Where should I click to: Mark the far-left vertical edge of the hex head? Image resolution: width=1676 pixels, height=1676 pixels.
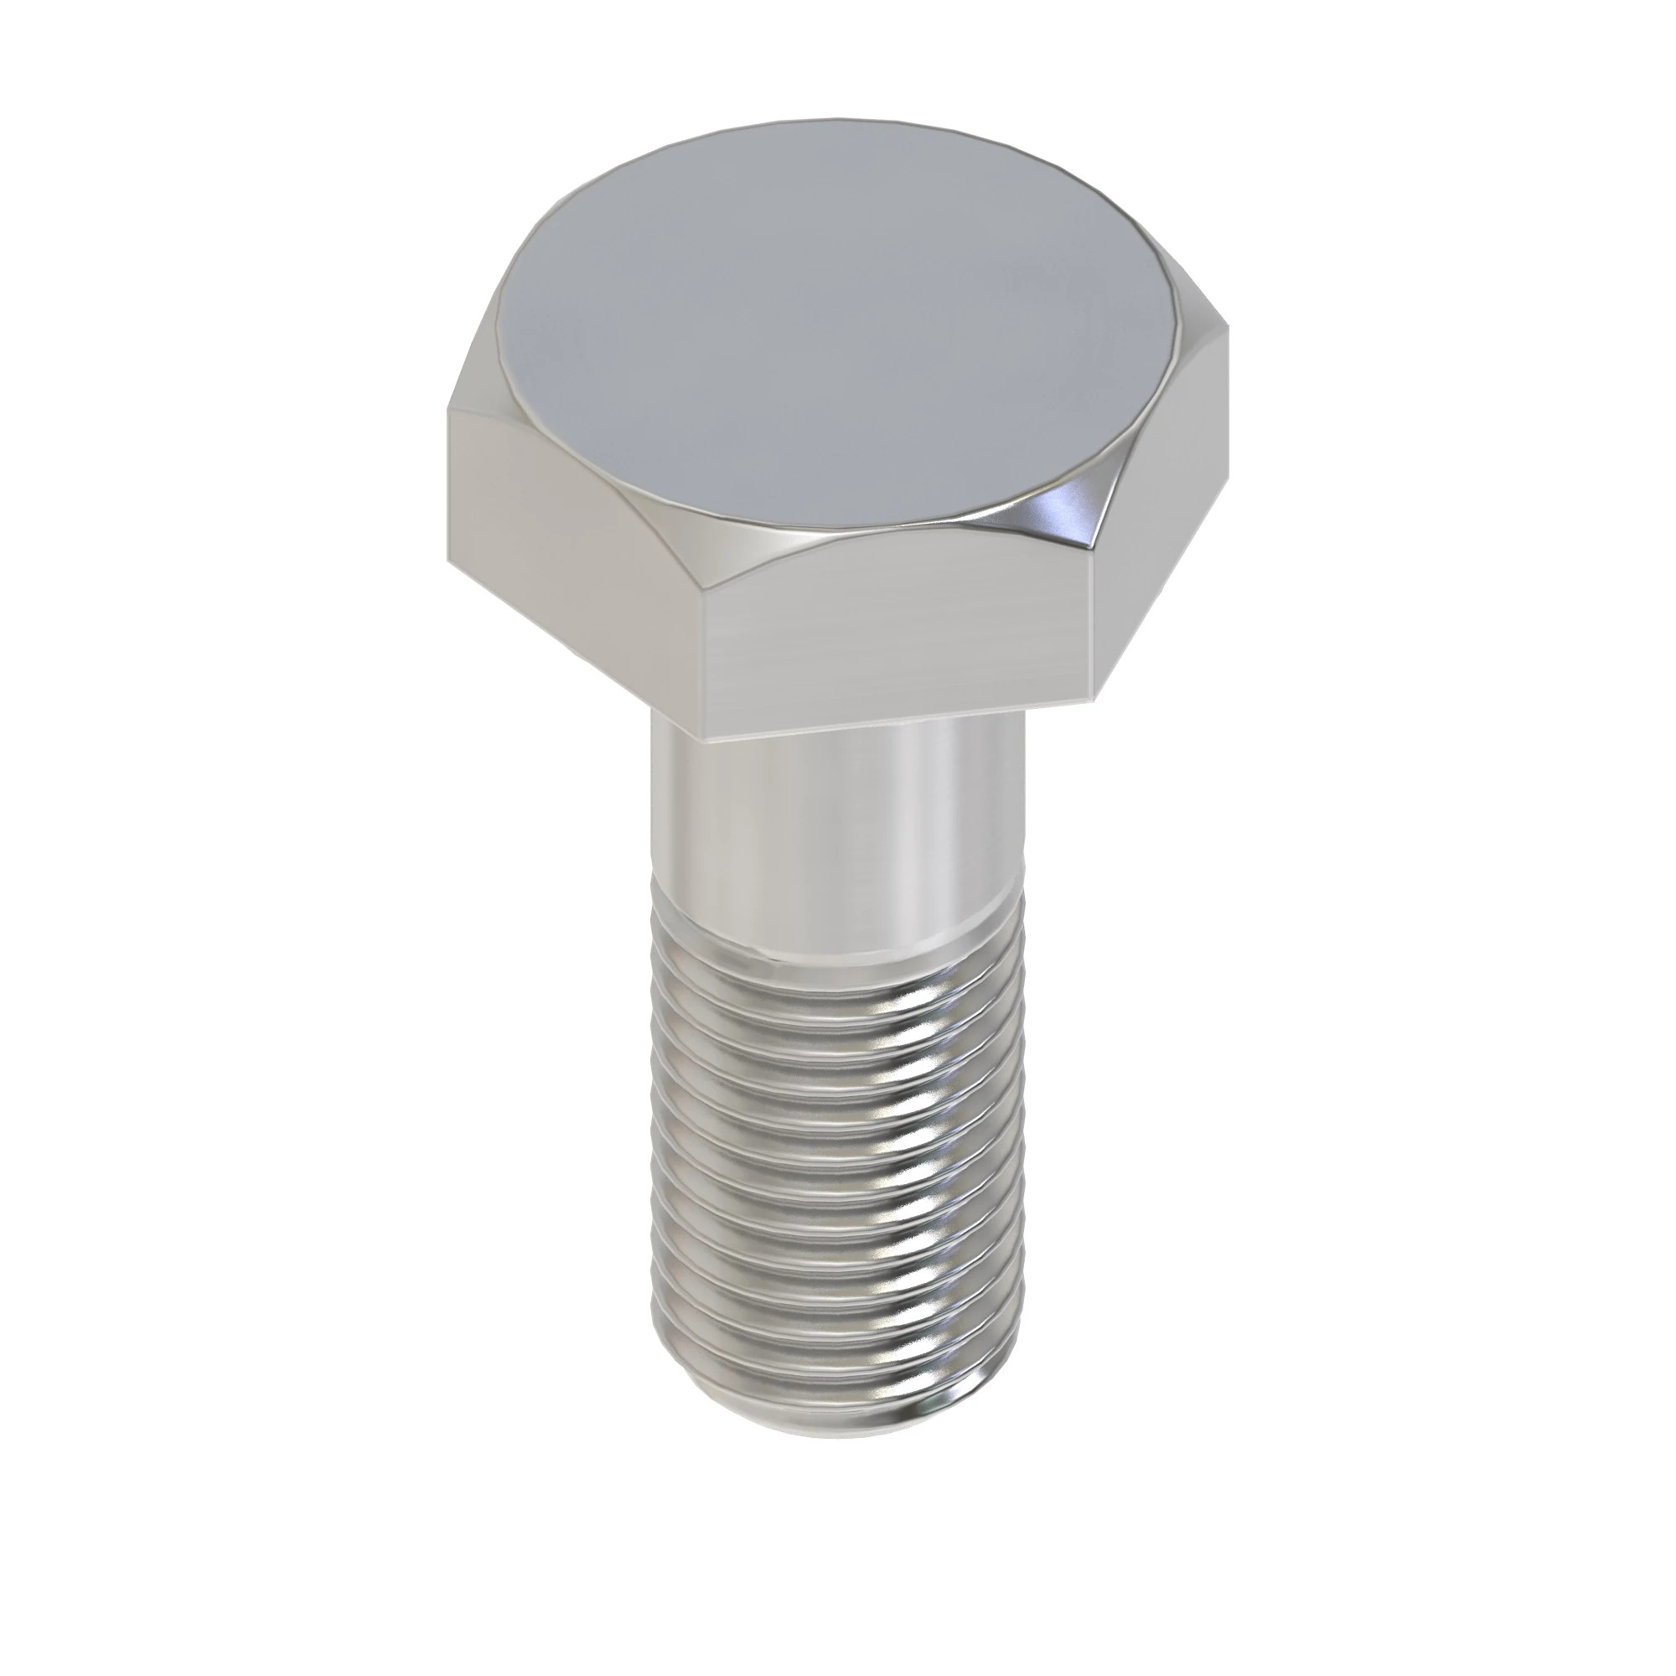click(x=448, y=486)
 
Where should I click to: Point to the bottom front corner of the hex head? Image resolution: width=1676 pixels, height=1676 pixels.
click(x=704, y=716)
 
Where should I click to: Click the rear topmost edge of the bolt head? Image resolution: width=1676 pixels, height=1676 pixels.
click(x=833, y=119)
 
